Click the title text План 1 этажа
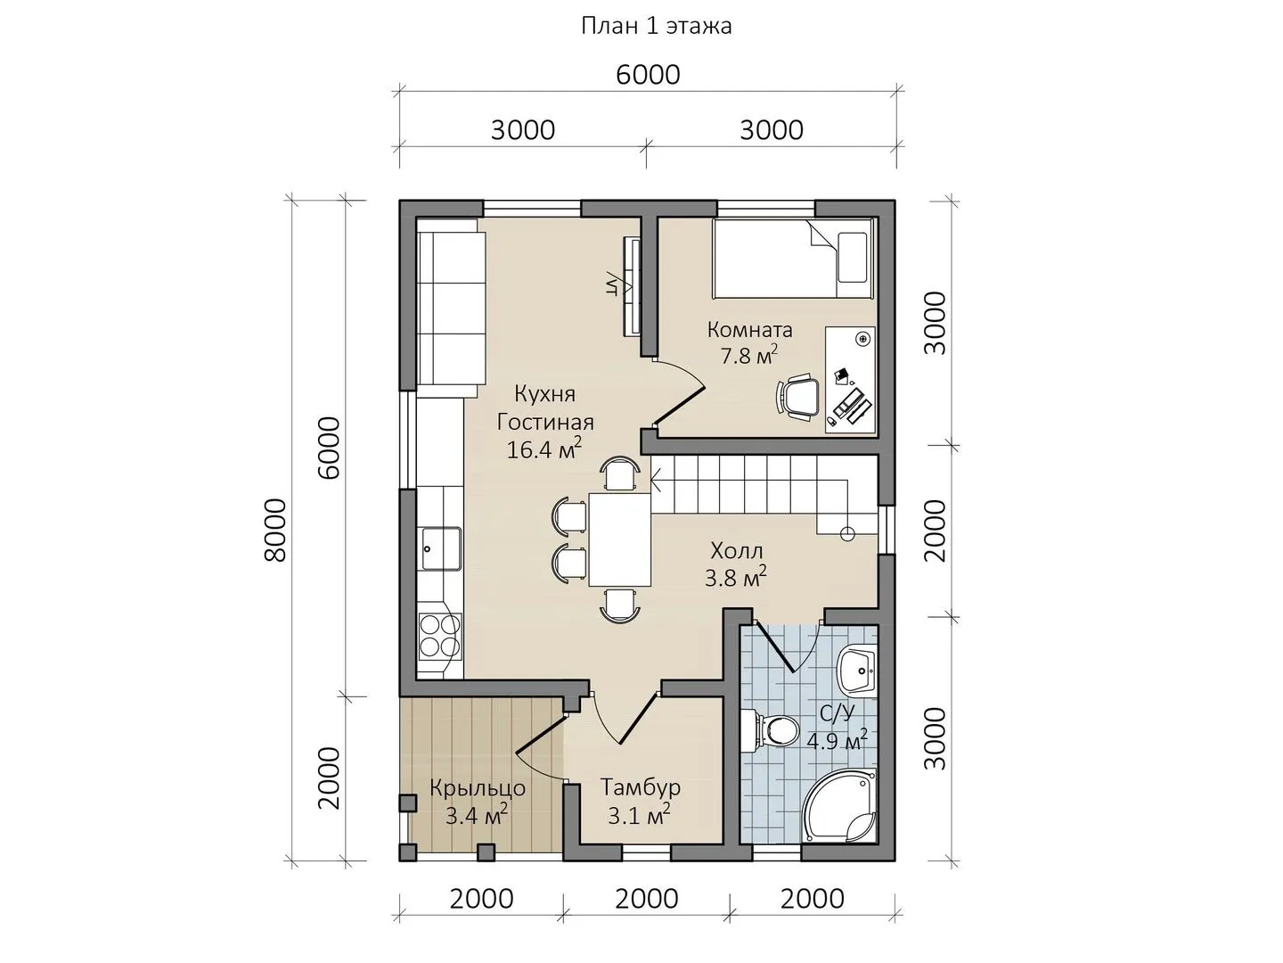pos(656,27)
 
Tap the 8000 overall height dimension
pos(275,531)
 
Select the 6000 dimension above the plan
pos(649,75)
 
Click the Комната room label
pos(750,330)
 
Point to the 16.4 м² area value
pos(544,449)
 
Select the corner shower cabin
pos(840,806)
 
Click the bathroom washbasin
pos(858,668)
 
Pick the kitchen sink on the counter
pos(440,547)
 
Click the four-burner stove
pos(440,636)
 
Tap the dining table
pos(619,539)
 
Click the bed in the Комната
pos(792,259)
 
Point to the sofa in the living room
pos(451,308)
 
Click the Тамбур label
pos(640,787)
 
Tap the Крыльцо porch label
pos(478,788)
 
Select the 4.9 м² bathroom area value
pos(837,741)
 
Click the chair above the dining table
pos(619,473)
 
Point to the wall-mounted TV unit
pos(632,286)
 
